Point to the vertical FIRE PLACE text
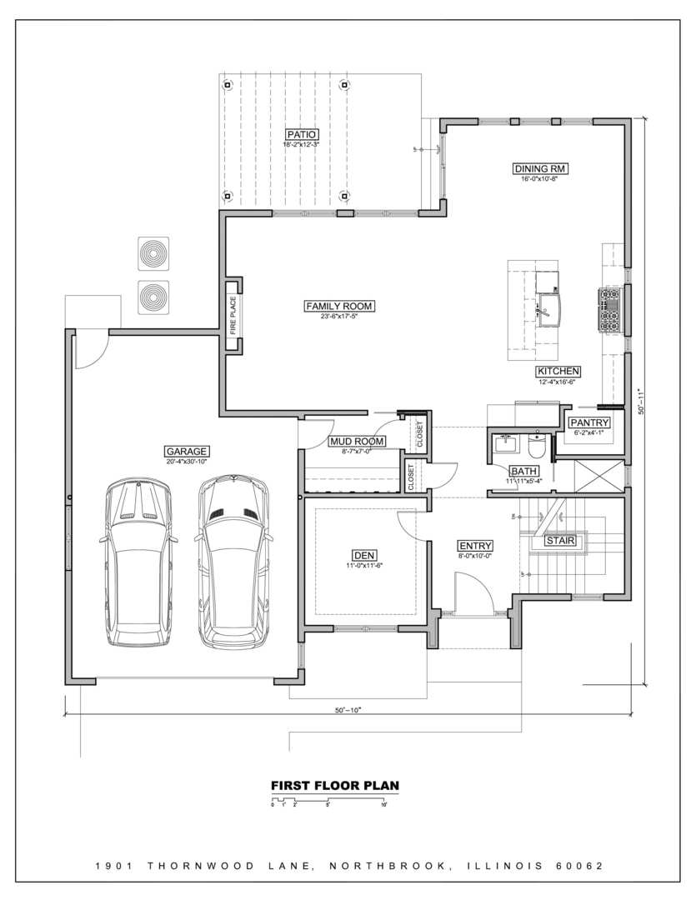233,316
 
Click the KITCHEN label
558,371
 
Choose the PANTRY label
590,422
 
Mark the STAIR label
560,540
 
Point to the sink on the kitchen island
548,310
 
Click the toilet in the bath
537,447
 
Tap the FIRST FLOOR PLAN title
335,785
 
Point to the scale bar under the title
328,801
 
